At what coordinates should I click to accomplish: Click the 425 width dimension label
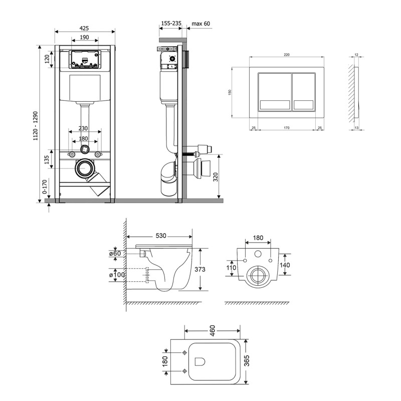point(84,28)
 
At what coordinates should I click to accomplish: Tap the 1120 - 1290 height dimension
point(35,126)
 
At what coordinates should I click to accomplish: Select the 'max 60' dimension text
point(201,24)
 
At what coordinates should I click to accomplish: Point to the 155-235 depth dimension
point(171,23)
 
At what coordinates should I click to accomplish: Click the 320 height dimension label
point(216,177)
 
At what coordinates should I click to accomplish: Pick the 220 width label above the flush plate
point(287,55)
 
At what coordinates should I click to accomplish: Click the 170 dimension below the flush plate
point(286,128)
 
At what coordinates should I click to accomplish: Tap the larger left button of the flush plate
point(275,92)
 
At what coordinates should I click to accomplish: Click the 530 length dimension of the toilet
point(161,236)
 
